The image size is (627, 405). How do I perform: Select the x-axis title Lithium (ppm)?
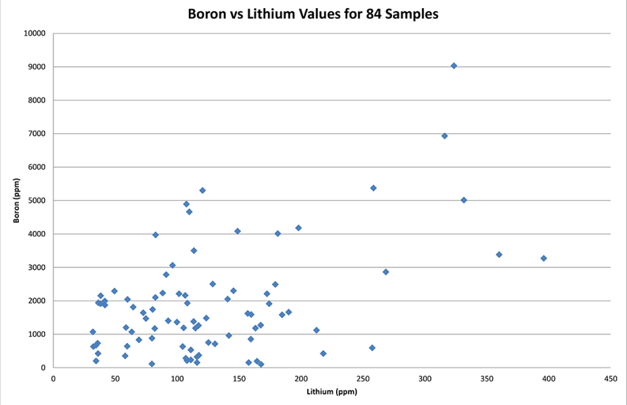[x=332, y=392]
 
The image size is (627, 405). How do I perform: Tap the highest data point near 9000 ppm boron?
[x=454, y=66]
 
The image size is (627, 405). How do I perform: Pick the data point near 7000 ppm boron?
[x=445, y=136]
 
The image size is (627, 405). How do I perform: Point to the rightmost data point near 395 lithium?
[x=544, y=258]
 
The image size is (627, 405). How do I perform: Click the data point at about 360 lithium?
[x=499, y=255]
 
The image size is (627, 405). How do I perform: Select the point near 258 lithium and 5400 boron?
[x=373, y=188]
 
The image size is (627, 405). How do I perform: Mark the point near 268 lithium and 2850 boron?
[x=386, y=272]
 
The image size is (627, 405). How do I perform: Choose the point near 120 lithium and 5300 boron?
[x=202, y=190]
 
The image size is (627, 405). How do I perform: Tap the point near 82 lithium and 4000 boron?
[x=155, y=235]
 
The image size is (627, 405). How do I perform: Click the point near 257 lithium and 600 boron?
[x=372, y=348]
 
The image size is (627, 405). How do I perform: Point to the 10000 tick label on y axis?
[x=35, y=33]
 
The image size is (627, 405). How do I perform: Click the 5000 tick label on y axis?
[x=37, y=200]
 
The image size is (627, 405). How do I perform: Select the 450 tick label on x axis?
[x=610, y=379]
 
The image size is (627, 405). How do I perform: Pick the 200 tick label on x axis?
[x=301, y=379]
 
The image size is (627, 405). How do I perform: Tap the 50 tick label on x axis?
[x=115, y=379]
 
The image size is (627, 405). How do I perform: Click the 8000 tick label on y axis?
[x=37, y=100]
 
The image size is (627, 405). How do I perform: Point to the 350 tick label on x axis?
[x=487, y=379]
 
